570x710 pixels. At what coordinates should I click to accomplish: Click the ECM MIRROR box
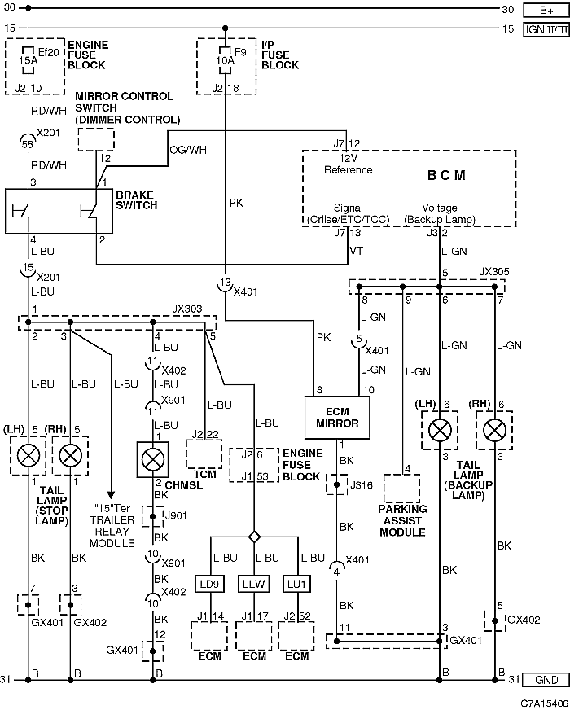tap(337, 418)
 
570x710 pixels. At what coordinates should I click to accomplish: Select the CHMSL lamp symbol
tap(153, 459)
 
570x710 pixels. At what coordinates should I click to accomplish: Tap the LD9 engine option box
tap(209, 584)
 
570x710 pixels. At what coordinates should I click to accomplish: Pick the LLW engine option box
tap(253, 584)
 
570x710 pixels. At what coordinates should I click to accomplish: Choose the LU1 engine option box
tap(297, 584)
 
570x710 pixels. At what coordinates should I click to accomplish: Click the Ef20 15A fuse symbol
tap(28, 60)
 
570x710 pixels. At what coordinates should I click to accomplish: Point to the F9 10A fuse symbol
tap(225, 60)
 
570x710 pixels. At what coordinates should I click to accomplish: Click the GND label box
tap(546, 680)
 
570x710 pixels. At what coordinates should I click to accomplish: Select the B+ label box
tap(546, 11)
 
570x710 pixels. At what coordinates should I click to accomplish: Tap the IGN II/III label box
tap(546, 30)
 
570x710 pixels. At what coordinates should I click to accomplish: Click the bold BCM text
tap(446, 175)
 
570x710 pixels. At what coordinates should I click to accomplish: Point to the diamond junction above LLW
tap(254, 537)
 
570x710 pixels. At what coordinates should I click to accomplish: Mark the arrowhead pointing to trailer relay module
tap(111, 495)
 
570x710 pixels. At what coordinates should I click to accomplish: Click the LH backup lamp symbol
tap(440, 430)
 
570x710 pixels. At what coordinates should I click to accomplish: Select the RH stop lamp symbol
tap(71, 455)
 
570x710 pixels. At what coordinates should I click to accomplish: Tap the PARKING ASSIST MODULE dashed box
tap(401, 489)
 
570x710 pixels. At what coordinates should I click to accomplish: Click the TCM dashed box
tap(204, 454)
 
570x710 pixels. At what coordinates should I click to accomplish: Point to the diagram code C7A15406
tap(544, 703)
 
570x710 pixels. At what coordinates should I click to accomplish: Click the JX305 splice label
tap(494, 272)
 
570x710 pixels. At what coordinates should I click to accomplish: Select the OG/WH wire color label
tap(188, 150)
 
